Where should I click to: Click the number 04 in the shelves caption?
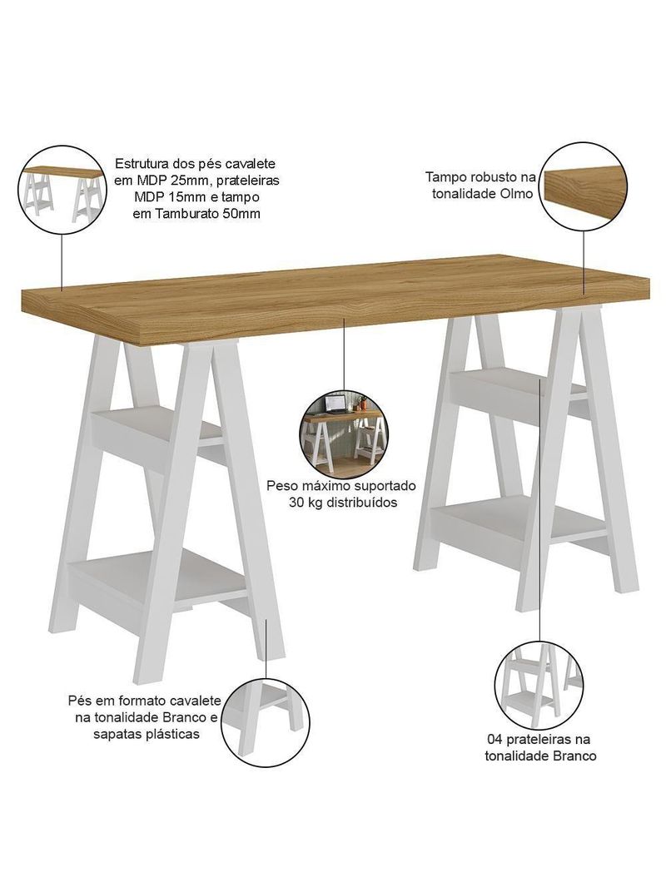pyautogui.click(x=494, y=740)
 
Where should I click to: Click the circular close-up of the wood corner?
pyautogui.click(x=584, y=186)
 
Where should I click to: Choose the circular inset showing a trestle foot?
pyautogui.click(x=266, y=722)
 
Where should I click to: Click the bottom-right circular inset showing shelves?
pyautogui.click(x=539, y=685)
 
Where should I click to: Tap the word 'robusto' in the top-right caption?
pyautogui.click(x=490, y=176)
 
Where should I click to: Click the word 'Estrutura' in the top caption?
pyautogui.click(x=141, y=164)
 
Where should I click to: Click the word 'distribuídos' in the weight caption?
pyautogui.click(x=361, y=503)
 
